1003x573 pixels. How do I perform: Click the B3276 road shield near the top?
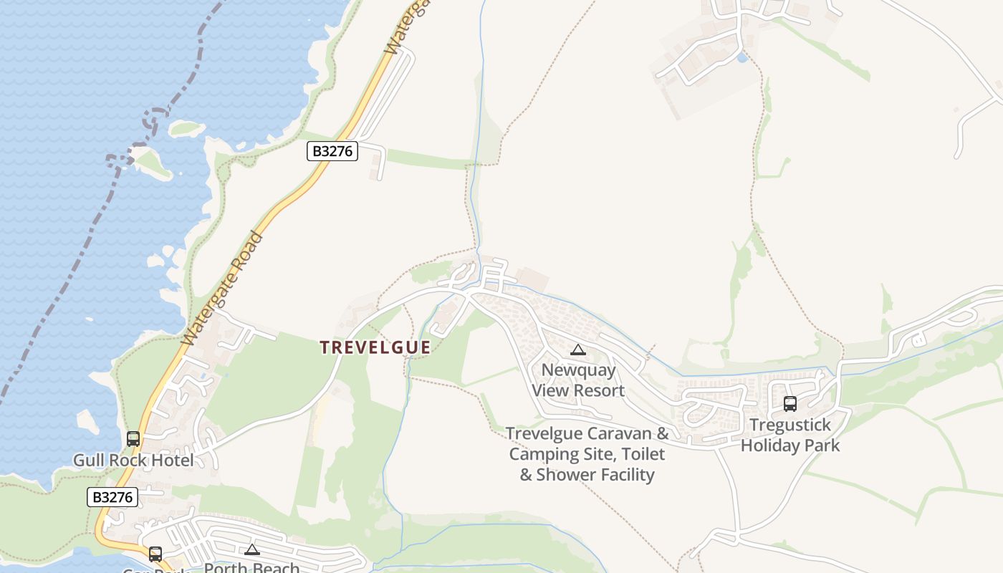tap(332, 151)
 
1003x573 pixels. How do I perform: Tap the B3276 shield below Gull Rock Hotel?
tap(112, 497)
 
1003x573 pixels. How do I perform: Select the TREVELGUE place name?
tap(375, 347)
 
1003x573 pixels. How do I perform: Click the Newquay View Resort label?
tap(578, 380)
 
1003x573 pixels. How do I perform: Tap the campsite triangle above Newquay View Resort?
tap(577, 350)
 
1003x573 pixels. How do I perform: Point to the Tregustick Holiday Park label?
tap(790, 435)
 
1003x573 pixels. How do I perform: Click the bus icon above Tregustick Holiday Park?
tap(790, 404)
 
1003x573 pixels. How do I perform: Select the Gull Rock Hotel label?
tap(133, 460)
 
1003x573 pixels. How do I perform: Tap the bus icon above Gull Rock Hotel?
tap(133, 438)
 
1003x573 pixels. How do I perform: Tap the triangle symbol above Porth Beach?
tap(251, 550)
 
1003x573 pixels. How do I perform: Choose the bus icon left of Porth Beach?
tap(155, 554)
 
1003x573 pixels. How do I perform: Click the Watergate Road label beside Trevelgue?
tap(222, 288)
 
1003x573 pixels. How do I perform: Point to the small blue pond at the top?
tap(742, 57)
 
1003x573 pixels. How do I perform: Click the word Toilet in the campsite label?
tap(643, 454)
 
